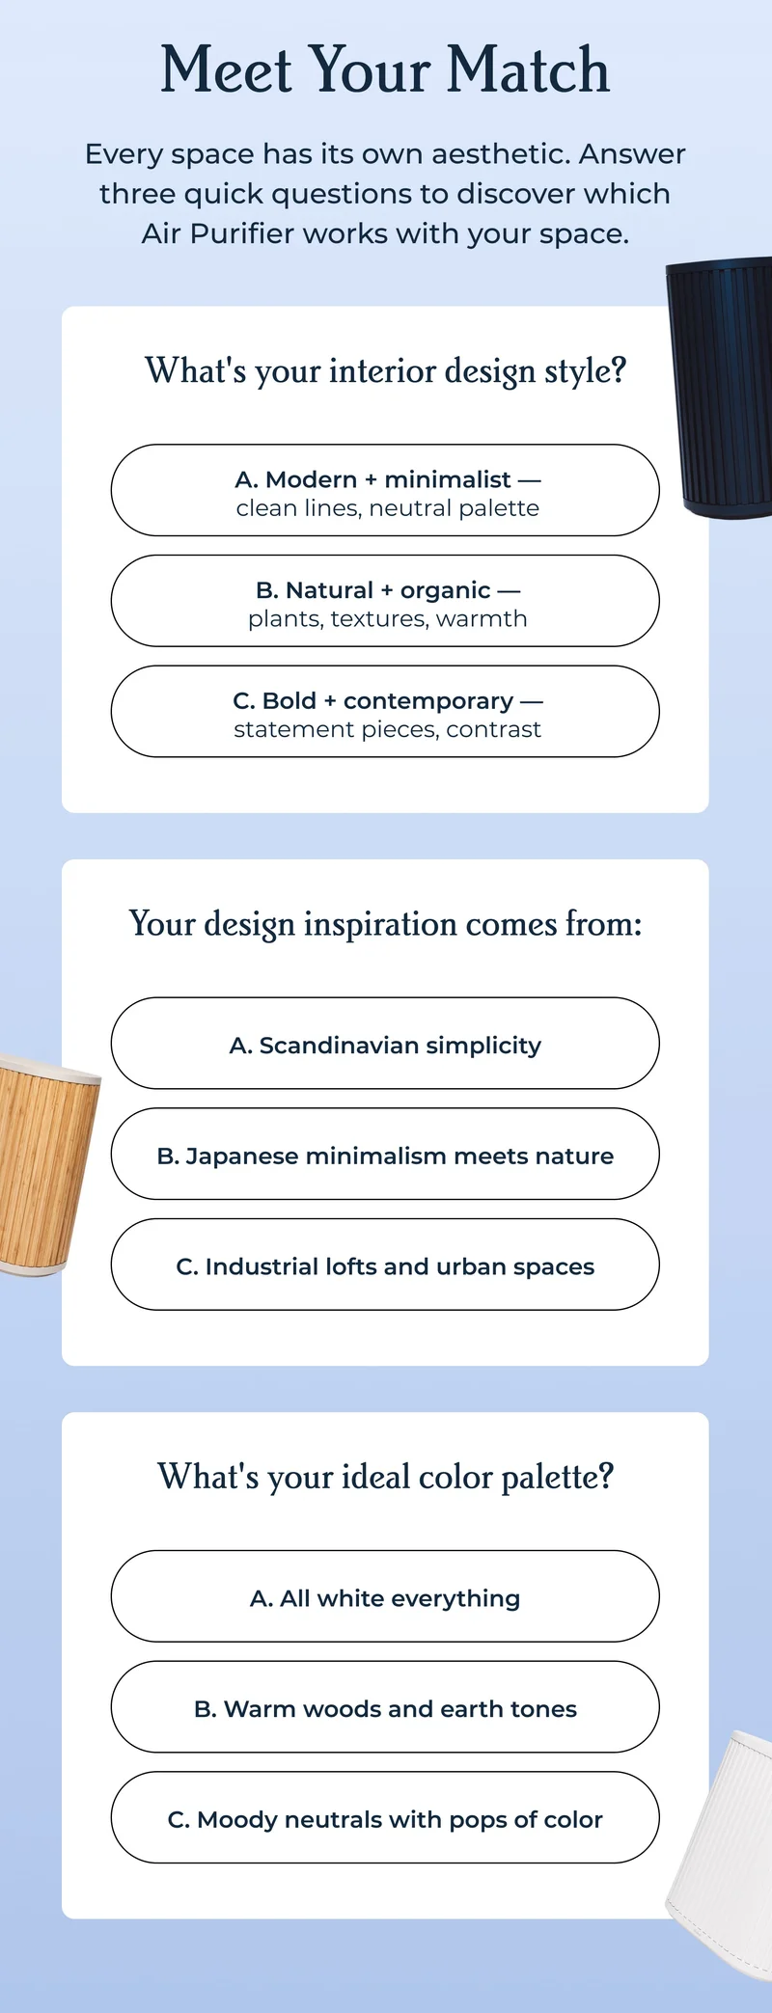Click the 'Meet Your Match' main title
(385, 69)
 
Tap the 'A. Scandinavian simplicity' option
(385, 1045)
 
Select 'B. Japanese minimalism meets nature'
(385, 1155)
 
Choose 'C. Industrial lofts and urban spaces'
(385, 1265)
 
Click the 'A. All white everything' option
(385, 1597)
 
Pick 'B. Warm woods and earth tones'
(385, 1708)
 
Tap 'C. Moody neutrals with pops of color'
(385, 1819)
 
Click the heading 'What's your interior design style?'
(385, 370)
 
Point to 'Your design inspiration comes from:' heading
(385, 924)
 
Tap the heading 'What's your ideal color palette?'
(385, 1477)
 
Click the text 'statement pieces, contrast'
(387, 729)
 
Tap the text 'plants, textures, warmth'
(387, 618)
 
